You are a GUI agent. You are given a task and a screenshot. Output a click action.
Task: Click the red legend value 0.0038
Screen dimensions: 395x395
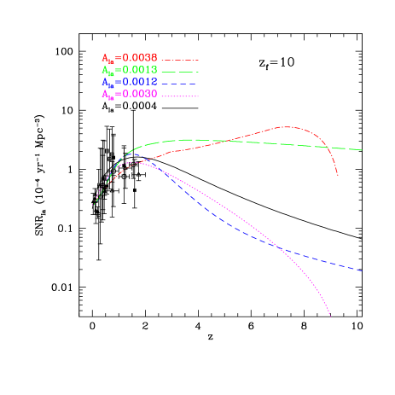[x=136, y=58]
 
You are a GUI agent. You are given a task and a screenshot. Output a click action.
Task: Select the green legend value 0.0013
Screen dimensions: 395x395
[x=136, y=70]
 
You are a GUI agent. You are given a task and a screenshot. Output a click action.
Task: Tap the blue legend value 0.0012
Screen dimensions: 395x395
[x=136, y=82]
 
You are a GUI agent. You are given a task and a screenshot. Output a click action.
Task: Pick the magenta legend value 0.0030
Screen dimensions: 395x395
[x=136, y=94]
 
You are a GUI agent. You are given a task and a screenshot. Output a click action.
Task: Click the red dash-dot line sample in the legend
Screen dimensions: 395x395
[x=180, y=60]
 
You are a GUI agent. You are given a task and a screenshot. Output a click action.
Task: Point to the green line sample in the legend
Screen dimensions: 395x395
[x=180, y=72]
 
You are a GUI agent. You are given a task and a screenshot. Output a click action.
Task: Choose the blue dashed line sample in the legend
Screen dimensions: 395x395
[x=180, y=84]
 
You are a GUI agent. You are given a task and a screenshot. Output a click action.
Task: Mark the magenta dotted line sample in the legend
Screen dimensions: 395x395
[x=180, y=96]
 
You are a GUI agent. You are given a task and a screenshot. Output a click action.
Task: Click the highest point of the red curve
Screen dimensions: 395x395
[x=287, y=126]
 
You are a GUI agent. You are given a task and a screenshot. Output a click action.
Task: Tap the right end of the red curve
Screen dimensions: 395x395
[x=339, y=176]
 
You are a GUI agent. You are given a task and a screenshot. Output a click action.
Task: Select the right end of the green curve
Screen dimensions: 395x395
[x=362, y=150]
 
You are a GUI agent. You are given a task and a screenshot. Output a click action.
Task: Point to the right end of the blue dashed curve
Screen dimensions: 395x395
[x=362, y=270]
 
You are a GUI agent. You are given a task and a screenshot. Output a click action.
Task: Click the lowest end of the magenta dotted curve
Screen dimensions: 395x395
[x=330, y=317]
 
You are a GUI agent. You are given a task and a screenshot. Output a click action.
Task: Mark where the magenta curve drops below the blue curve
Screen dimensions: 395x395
[x=280, y=248]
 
